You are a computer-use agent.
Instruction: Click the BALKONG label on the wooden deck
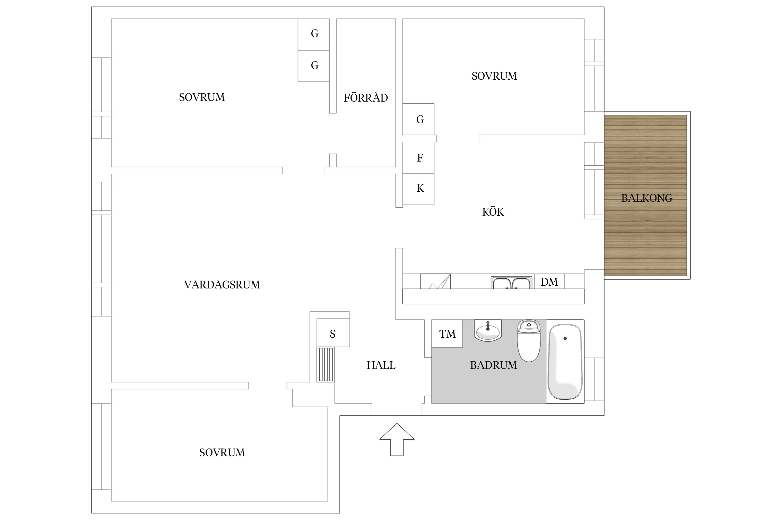[647, 198]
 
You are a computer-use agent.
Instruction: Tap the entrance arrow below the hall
[397, 439]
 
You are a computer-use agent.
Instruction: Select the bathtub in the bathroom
[565, 362]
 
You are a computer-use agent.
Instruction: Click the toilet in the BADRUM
[529, 341]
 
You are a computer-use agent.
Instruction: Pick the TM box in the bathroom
[447, 333]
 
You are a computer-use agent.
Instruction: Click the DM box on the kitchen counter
[549, 281]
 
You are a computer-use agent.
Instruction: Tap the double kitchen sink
[512, 283]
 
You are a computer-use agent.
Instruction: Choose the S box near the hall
[333, 333]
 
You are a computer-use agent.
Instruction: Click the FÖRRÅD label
[366, 97]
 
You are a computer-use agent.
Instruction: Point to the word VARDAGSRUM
[222, 285]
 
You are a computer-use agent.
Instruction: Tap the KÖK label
[493, 211]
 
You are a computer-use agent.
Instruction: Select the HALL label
[381, 365]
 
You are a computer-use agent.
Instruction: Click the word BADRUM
[493, 365]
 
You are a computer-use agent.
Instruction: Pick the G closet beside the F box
[418, 119]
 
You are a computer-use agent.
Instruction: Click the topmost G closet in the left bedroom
[313, 34]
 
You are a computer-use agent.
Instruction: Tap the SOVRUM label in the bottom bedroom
[222, 452]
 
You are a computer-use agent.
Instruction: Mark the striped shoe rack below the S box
[326, 364]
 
